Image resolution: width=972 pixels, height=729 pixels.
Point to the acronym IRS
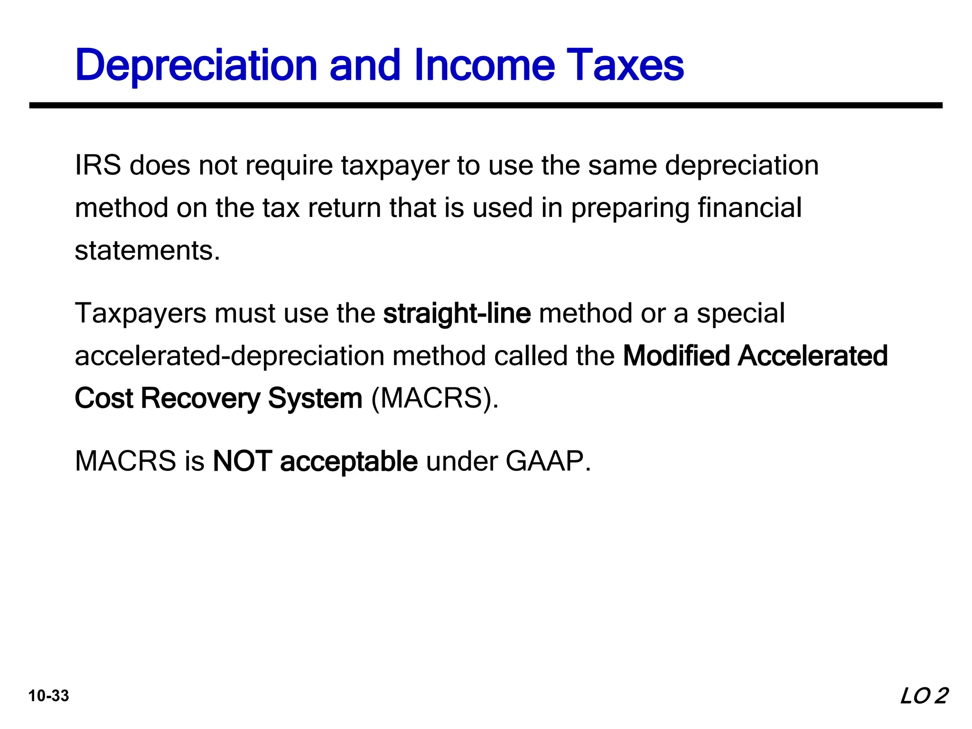(x=98, y=165)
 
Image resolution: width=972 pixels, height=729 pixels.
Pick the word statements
(x=147, y=251)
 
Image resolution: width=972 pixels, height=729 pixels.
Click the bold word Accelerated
(x=813, y=356)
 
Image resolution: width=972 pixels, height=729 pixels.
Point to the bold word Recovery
(x=200, y=399)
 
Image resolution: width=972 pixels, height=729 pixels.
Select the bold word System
(x=315, y=399)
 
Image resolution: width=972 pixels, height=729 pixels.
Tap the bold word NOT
(x=243, y=461)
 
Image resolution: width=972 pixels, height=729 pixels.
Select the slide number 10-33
(x=49, y=696)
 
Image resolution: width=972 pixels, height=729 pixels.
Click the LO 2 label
(x=924, y=696)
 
